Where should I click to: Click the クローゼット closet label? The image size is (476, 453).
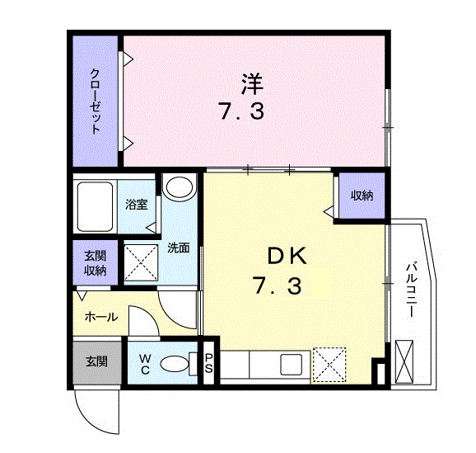coord(95,101)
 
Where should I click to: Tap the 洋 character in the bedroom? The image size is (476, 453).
coord(252,84)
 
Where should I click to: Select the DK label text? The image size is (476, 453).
coord(287,257)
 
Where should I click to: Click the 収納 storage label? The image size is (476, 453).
coord(362,196)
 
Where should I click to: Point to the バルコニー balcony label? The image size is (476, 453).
coord(411,290)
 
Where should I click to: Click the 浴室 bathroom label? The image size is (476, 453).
coord(137,205)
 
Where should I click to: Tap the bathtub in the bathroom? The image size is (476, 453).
coord(96,206)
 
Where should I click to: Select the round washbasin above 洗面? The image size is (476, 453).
coord(180,187)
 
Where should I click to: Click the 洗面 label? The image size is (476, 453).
coord(179,248)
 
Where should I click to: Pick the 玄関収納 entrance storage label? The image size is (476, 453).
coord(95,263)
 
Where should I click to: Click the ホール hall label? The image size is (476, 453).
coord(101,317)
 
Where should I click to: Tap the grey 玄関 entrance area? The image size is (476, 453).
coord(97,362)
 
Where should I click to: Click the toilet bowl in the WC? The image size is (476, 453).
coord(175,364)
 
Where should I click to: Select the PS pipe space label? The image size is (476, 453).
coord(208,363)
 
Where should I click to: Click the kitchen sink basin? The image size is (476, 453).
coord(292,365)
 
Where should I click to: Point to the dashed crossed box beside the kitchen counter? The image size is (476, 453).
coord(329,365)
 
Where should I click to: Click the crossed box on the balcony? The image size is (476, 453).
coord(404,361)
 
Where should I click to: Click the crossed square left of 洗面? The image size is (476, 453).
coord(141,263)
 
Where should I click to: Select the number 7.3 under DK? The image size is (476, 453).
coord(278,286)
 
